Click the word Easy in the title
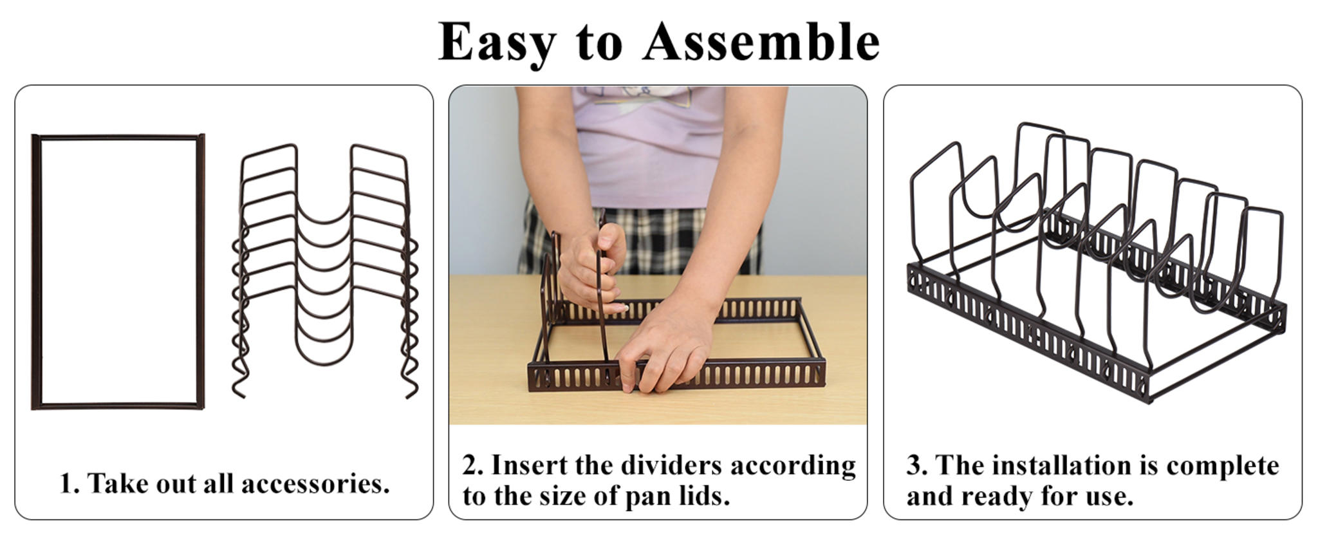(496, 42)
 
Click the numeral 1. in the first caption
(70, 483)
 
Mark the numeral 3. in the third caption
(917, 465)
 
